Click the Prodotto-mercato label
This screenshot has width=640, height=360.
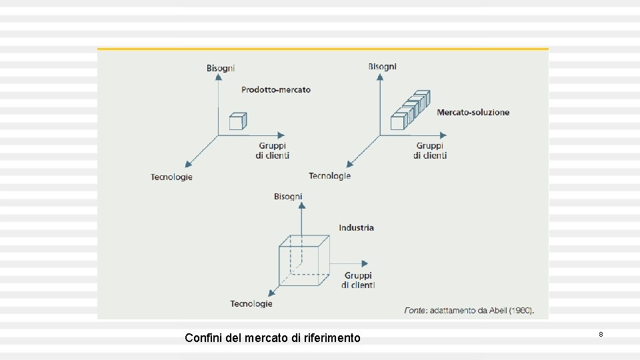(x=275, y=89)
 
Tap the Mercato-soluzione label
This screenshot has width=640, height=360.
(x=473, y=112)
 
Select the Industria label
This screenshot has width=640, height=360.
(x=356, y=227)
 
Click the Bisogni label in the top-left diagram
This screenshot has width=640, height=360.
(x=220, y=68)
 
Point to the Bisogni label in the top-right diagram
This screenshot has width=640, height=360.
(x=382, y=66)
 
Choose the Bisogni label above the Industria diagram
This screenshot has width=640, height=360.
(x=288, y=196)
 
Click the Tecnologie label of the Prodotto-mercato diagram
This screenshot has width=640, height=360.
(x=171, y=177)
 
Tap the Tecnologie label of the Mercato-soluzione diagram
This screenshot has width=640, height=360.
(x=329, y=175)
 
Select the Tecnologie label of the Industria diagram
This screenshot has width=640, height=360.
(x=251, y=303)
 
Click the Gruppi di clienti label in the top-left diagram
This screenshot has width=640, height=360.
(x=272, y=151)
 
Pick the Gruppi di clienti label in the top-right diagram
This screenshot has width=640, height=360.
(x=429, y=151)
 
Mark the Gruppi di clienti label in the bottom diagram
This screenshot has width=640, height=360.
(x=358, y=280)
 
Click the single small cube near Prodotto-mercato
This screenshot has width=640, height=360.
(x=237, y=121)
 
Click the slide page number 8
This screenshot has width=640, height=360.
(x=601, y=333)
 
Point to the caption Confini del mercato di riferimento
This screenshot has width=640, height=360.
(x=272, y=338)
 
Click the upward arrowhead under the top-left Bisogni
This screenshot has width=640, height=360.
(x=218, y=77)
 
